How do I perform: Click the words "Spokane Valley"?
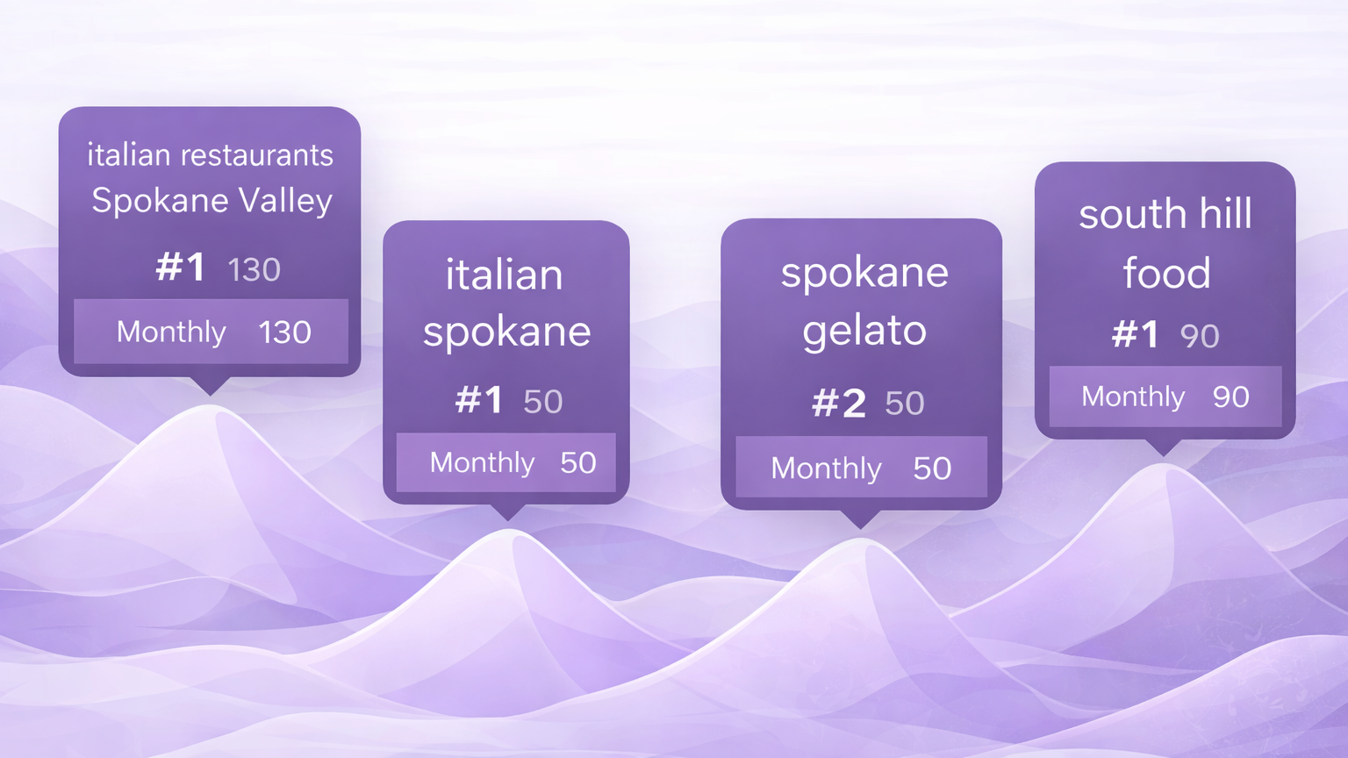212,201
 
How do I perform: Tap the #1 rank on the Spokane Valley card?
181,268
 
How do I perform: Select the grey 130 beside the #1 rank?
254,269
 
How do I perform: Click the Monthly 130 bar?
211,332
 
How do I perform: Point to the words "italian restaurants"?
210,154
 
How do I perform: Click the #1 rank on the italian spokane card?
478,399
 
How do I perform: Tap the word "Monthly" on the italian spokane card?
482,463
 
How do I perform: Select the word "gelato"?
864,332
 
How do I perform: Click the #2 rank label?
839,403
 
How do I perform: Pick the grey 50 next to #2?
905,404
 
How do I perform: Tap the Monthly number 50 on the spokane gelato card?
932,468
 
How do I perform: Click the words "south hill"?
1165,213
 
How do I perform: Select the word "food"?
1166,273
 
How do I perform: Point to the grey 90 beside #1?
1200,336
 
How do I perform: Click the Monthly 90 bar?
1165,397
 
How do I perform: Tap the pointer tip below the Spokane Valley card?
210,396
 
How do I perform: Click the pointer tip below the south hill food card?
1164,455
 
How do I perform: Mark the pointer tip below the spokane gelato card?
861,529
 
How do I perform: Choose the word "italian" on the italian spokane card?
505,275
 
